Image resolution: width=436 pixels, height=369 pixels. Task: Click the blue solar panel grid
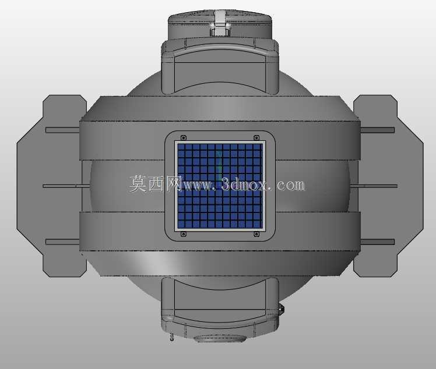pos(220,186)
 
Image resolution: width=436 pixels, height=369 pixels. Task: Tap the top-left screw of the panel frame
pos(183,137)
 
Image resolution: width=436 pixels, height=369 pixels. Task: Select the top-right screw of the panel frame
pos(256,137)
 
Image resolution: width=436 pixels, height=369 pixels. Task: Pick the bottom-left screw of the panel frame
pos(183,235)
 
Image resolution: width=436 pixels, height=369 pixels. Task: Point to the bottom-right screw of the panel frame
pos(256,235)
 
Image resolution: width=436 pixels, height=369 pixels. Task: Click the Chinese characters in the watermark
pos(156,184)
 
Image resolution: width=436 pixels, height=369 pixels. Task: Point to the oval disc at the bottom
pos(220,339)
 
